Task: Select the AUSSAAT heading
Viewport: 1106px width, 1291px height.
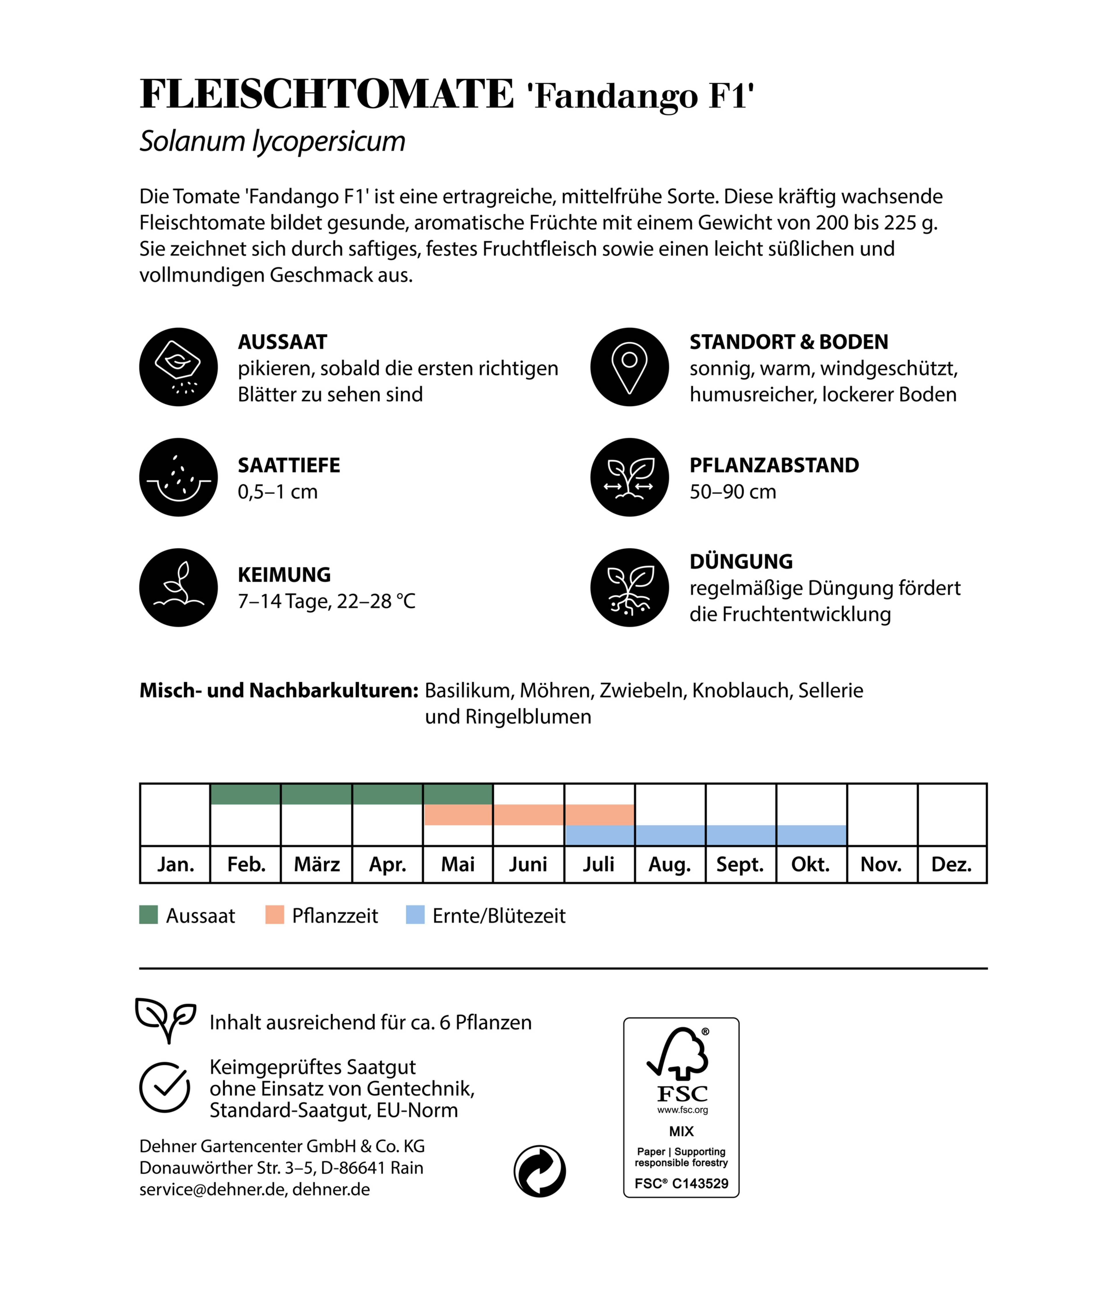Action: point(282,342)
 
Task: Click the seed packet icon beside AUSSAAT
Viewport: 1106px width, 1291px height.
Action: point(178,367)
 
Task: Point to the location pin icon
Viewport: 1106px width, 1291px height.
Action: point(629,367)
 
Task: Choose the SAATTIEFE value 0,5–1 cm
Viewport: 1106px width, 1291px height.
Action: point(278,492)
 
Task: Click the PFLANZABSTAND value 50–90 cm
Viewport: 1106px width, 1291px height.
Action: point(732,492)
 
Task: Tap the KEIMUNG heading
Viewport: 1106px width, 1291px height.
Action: point(284,575)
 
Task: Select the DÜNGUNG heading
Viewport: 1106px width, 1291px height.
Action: point(741,561)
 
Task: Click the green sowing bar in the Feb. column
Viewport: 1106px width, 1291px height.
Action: point(245,794)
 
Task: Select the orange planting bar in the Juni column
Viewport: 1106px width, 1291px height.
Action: point(528,815)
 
